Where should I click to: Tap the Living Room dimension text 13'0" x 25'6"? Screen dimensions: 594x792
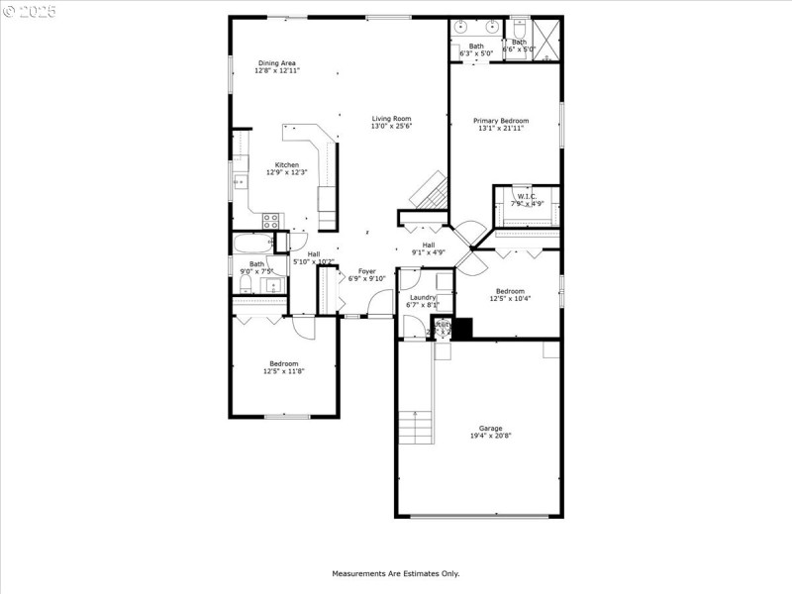pos(391,127)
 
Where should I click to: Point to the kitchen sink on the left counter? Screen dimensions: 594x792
pos(239,182)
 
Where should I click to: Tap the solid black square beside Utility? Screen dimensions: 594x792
pos(462,328)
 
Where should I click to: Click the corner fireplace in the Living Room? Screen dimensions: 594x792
pos(431,190)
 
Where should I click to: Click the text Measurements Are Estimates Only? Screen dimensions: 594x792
pos(395,573)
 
